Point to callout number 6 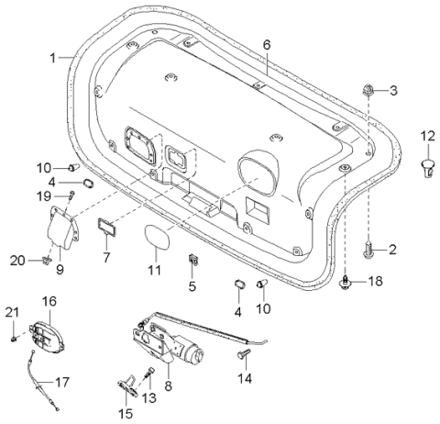267,44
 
